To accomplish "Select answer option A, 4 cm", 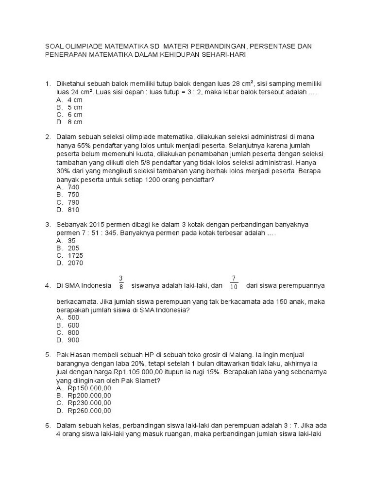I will tap(69, 99).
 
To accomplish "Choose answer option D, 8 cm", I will tap(69, 122).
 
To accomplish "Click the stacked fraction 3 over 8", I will tap(120, 282).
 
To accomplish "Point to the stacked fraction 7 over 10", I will tap(234, 282).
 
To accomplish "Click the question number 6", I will tap(48, 426).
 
